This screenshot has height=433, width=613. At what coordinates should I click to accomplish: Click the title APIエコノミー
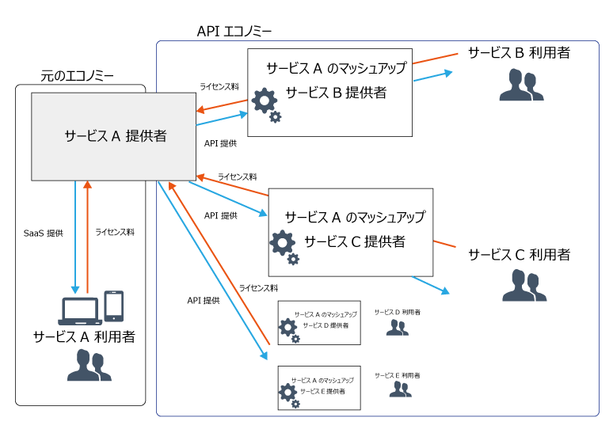click(234, 31)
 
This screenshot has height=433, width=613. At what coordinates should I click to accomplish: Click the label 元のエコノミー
click(77, 76)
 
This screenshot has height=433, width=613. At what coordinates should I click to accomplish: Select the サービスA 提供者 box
click(113, 136)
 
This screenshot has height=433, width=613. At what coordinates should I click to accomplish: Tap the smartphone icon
click(114, 305)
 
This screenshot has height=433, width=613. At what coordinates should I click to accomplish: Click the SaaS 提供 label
click(44, 234)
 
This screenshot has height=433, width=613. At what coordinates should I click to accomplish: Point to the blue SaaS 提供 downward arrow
click(74, 237)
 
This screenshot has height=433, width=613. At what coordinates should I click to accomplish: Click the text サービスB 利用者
click(519, 53)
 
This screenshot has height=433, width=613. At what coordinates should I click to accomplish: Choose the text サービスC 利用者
click(519, 255)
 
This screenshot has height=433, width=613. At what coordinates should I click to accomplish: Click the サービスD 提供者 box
click(318, 322)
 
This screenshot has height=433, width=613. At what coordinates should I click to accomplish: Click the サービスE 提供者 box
click(318, 387)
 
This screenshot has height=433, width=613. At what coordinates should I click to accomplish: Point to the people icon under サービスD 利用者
click(398, 327)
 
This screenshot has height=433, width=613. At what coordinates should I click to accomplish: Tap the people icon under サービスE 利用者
click(399, 389)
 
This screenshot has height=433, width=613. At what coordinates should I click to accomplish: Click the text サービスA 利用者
click(84, 336)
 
